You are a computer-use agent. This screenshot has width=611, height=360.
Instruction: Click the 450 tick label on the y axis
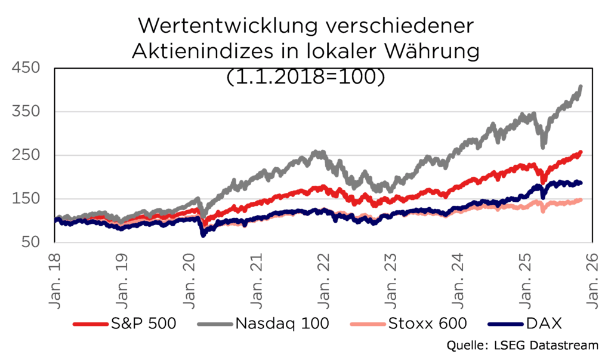click(25, 68)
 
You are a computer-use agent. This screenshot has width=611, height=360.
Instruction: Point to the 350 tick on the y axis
click(25, 112)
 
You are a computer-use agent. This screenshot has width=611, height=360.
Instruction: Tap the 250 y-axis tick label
click(25, 155)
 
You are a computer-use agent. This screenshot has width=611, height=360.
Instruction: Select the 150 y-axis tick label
click(25, 199)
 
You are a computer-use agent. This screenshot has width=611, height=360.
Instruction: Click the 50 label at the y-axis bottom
click(30, 242)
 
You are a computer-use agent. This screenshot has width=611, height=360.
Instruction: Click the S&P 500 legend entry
click(140, 324)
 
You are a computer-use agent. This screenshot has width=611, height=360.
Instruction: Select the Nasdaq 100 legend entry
click(281, 324)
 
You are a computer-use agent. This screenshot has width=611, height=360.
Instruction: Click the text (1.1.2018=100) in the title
click(305, 76)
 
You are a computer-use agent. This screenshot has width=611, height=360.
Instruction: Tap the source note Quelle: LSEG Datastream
click(523, 347)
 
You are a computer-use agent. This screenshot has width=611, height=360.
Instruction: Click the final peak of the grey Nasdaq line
click(581, 87)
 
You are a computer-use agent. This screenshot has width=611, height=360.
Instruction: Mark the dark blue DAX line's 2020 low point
click(203, 235)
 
